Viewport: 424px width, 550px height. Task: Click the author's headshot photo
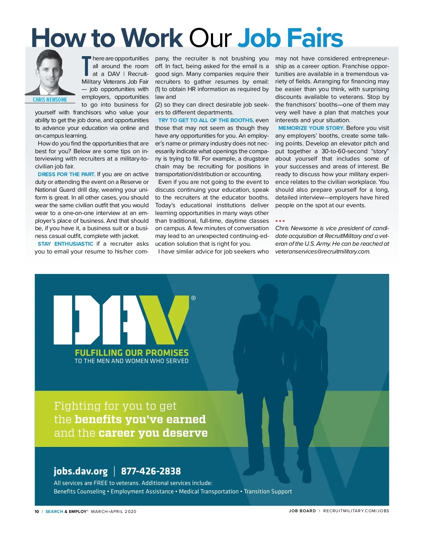pyautogui.click(x=49, y=72)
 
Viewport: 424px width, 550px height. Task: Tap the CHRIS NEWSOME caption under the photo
pyautogui.click(x=50, y=100)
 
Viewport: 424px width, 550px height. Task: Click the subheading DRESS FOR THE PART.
pyautogui.click(x=66, y=174)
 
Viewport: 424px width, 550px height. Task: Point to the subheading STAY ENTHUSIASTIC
pyautogui.click(x=65, y=244)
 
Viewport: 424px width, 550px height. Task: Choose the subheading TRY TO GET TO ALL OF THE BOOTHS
pyautogui.click(x=206, y=120)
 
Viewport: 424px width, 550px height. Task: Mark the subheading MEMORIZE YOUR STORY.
pyautogui.click(x=311, y=128)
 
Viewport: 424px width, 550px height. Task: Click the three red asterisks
pyautogui.click(x=280, y=221)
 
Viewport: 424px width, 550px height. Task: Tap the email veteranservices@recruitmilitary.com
pyautogui.click(x=323, y=252)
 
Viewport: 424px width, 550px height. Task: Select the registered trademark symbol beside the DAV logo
pyautogui.click(x=193, y=298)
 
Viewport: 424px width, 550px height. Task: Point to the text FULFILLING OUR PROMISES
pyautogui.click(x=131, y=353)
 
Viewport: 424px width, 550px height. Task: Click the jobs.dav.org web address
pyautogui.click(x=81, y=471)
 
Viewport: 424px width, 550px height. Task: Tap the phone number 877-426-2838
pyautogui.click(x=151, y=471)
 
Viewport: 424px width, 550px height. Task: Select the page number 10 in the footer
pyautogui.click(x=37, y=512)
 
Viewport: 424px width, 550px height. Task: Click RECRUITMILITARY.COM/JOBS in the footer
pyautogui.click(x=356, y=511)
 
